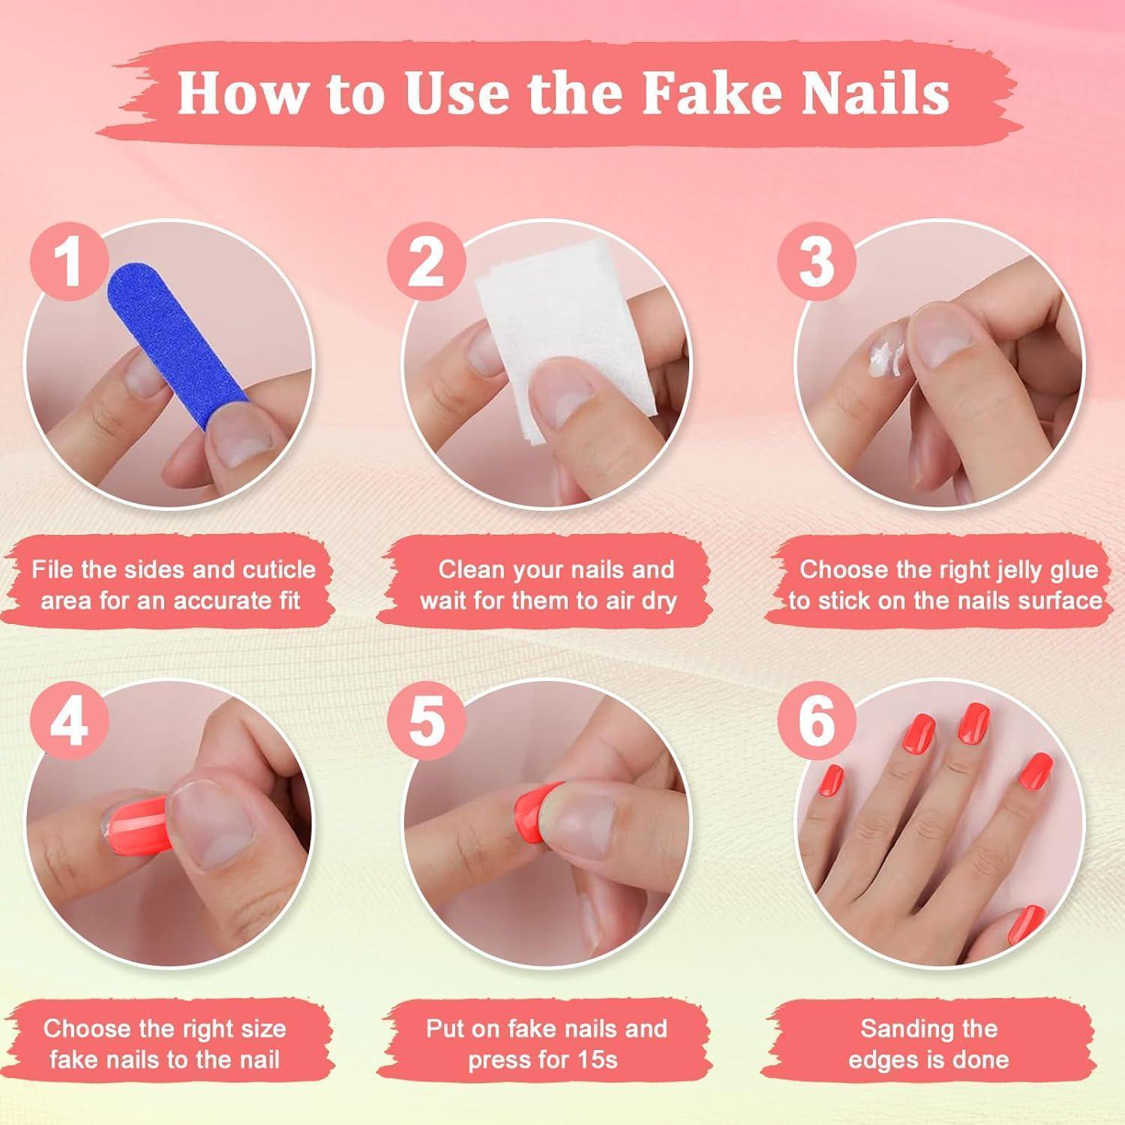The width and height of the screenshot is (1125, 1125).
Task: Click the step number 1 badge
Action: [x=69, y=260]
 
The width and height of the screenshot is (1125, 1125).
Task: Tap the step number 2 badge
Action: [x=427, y=260]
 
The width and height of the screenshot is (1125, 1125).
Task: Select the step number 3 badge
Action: [x=816, y=260]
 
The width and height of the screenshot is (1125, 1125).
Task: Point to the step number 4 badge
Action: [x=69, y=721]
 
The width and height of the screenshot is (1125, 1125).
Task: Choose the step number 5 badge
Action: [x=427, y=721]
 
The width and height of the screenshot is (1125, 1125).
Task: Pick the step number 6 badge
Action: [x=816, y=721]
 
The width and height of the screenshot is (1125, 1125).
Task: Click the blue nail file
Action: [x=177, y=344]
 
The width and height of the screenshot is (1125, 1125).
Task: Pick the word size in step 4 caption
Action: [x=261, y=1028]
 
